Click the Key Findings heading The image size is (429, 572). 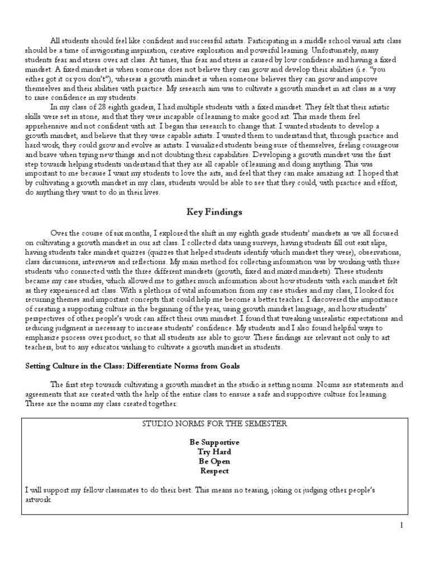[x=214, y=212]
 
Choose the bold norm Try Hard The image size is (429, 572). [x=214, y=451]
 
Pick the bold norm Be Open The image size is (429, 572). [x=214, y=461]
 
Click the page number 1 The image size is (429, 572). [x=401, y=525]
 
